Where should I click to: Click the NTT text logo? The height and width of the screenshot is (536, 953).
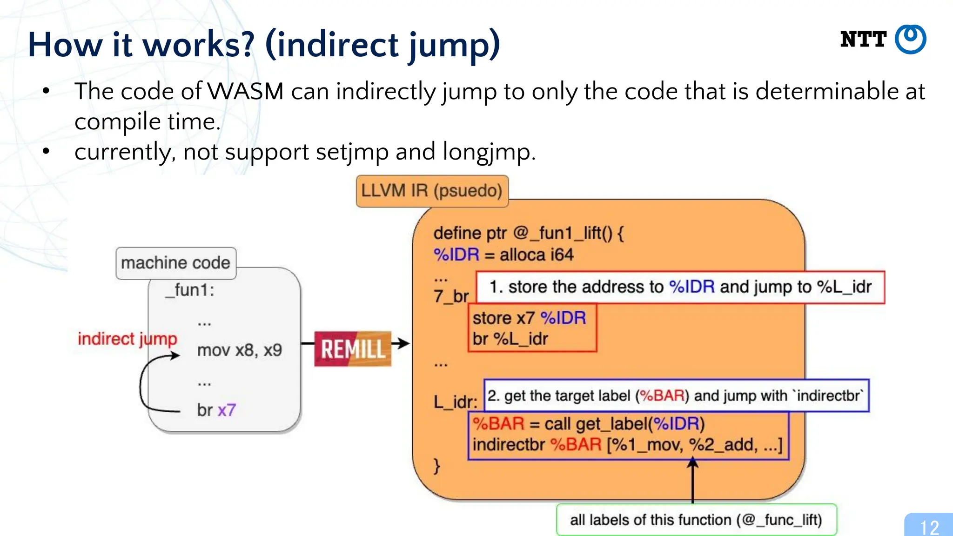click(863, 40)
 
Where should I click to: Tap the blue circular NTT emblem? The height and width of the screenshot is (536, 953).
click(911, 40)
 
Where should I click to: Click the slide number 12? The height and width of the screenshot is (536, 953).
click(929, 527)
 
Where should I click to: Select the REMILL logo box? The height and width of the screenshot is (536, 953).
click(353, 349)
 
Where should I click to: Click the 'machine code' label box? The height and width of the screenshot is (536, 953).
click(176, 263)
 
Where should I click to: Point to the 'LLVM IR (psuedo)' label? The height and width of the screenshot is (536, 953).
click(432, 191)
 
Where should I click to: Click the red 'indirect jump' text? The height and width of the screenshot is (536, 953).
click(128, 339)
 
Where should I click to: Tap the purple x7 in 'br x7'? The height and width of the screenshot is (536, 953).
click(227, 410)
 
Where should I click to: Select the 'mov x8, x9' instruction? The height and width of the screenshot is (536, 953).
click(239, 350)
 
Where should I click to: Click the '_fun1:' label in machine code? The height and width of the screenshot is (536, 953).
click(190, 290)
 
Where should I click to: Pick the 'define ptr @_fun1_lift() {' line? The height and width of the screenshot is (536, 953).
click(528, 233)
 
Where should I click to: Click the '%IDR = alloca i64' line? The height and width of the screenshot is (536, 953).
click(503, 255)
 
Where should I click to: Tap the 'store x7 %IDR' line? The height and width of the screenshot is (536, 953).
click(529, 318)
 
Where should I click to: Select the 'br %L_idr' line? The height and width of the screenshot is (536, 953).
click(510, 339)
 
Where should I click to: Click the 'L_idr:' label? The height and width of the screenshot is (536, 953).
click(455, 402)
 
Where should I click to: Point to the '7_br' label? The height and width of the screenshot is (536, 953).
click(451, 296)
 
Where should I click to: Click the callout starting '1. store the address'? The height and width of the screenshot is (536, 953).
click(680, 287)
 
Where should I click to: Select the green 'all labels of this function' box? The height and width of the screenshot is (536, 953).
click(696, 519)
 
